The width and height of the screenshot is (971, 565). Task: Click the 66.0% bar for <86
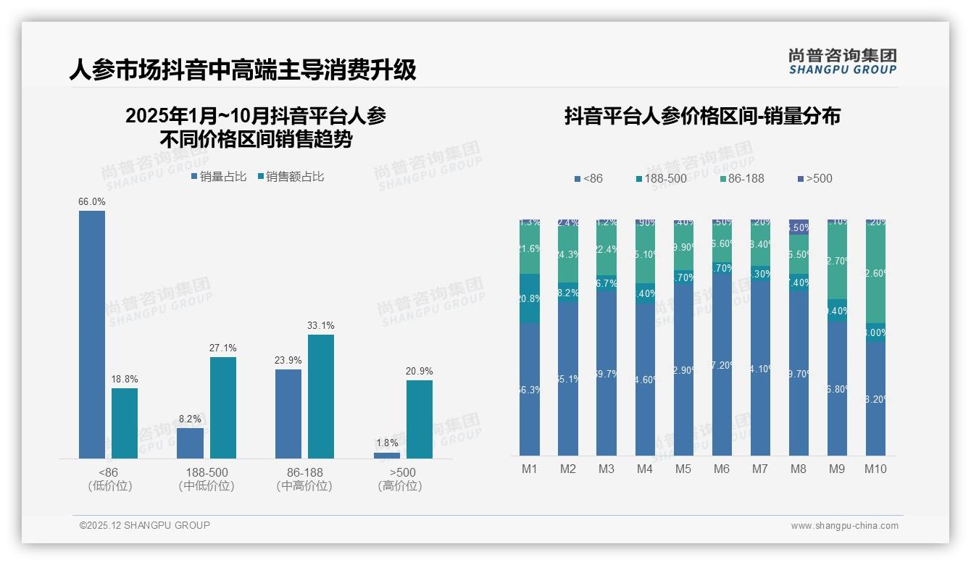point(92,334)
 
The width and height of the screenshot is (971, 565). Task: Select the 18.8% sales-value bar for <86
point(125,423)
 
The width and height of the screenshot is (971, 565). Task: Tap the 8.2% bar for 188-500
point(191,443)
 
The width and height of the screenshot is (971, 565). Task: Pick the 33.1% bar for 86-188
point(321,396)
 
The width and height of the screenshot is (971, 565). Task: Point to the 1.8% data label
point(386,443)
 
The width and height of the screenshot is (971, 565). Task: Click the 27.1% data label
point(223,348)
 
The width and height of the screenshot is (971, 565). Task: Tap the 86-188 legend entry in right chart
point(740,178)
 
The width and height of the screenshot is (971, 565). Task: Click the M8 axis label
point(798,469)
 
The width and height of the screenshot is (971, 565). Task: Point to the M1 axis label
point(530,469)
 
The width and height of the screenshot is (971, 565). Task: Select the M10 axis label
point(875,469)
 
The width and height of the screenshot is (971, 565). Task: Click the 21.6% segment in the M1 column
point(530,248)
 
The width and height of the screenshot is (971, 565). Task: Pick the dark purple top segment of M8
point(799,227)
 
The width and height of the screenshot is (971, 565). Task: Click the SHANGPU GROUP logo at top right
point(842,61)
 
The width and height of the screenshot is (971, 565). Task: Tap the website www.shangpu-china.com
point(844,526)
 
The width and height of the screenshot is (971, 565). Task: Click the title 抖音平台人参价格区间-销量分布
point(702,117)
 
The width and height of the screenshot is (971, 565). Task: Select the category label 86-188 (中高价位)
point(304,479)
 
